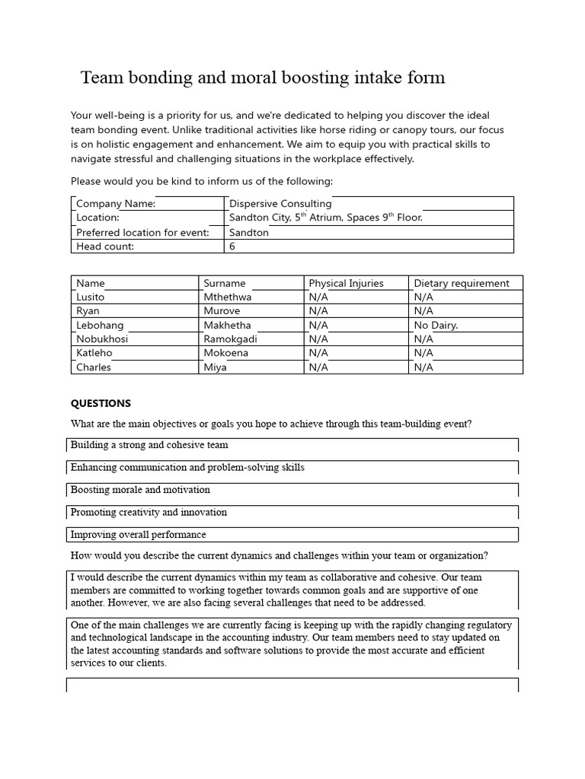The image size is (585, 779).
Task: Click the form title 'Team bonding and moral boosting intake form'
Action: click(263, 78)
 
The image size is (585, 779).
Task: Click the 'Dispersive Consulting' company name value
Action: click(280, 203)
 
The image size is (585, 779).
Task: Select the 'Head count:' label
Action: click(105, 246)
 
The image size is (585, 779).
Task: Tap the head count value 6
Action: click(232, 246)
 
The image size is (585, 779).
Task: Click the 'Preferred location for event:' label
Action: click(142, 232)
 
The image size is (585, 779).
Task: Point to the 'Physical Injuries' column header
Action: click(346, 283)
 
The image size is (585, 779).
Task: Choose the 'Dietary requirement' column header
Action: click(462, 283)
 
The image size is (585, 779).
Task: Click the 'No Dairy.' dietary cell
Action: click(436, 325)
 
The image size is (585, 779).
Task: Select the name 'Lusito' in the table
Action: click(91, 297)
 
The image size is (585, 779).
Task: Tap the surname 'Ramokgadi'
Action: click(230, 339)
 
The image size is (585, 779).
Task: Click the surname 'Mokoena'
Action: click(225, 353)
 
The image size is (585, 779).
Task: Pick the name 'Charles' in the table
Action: click(94, 367)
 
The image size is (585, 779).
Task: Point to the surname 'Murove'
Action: click(222, 310)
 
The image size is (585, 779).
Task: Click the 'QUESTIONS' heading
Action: click(101, 403)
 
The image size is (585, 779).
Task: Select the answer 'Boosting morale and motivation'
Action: click(140, 490)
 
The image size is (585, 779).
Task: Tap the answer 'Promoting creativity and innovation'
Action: click(149, 512)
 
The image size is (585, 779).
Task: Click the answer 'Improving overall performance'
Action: click(139, 534)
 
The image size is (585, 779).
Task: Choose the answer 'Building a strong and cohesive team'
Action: click(149, 445)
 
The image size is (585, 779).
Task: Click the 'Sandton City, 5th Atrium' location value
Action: click(325, 218)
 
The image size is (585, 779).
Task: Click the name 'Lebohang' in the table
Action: click(100, 325)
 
